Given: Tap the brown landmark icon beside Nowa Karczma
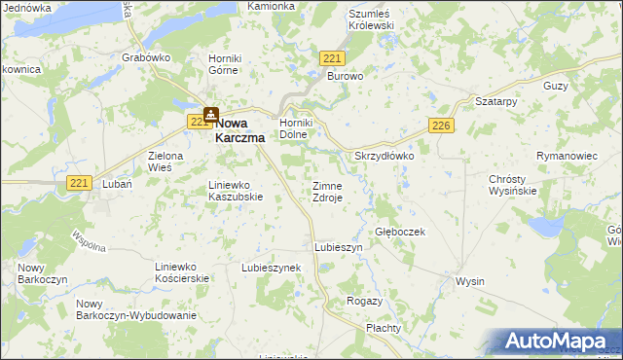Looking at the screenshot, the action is click(210, 115).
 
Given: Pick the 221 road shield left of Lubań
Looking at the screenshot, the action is click(80, 182).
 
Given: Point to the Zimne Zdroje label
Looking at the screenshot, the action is click(327, 191).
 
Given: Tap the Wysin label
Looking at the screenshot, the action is click(470, 282).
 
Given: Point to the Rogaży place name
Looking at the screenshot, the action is click(364, 302).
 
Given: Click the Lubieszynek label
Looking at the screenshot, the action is click(272, 267).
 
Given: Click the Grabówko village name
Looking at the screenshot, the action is click(147, 57).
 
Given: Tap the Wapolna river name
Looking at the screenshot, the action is click(89, 240).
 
